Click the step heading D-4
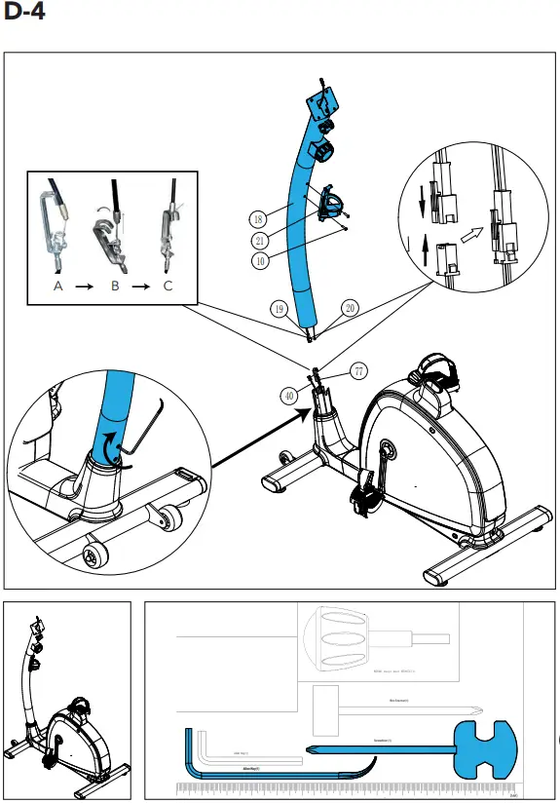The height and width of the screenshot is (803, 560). [x=24, y=15]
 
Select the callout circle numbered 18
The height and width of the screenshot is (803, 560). [x=258, y=218]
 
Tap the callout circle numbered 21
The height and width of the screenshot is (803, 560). [x=260, y=240]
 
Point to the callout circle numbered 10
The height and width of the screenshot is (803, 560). [x=260, y=260]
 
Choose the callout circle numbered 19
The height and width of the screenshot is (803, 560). [x=279, y=309]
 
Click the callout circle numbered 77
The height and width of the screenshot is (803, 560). [x=359, y=371]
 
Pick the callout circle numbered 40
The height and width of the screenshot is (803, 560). [x=289, y=395]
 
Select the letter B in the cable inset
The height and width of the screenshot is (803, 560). [x=114, y=287]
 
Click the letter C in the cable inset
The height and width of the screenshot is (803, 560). [x=169, y=287]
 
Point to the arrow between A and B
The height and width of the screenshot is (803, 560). [x=85, y=287]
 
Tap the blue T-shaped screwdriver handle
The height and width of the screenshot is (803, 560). [x=488, y=749]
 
